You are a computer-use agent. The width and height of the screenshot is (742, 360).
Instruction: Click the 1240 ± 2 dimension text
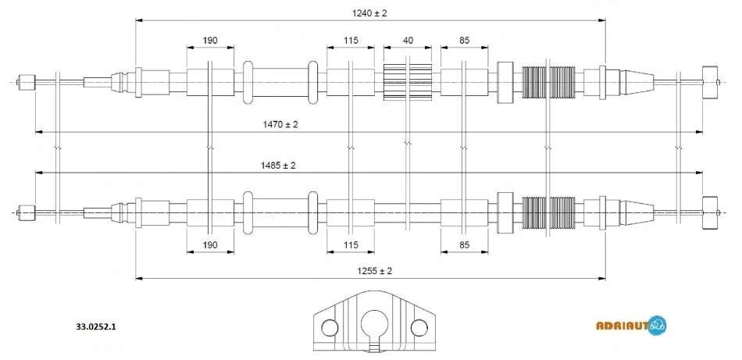click(369, 12)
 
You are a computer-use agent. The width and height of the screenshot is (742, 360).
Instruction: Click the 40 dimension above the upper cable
click(408, 39)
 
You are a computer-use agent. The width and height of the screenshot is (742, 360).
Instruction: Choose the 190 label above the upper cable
click(209, 39)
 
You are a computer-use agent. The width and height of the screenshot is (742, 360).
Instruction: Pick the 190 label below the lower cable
click(209, 245)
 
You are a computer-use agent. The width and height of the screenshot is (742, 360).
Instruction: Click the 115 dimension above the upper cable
click(349, 39)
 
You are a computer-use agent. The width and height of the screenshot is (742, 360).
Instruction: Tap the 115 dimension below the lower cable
click(349, 245)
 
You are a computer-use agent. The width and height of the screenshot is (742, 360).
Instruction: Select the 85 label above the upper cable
click(464, 39)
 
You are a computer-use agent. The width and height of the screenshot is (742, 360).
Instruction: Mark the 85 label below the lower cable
click(464, 245)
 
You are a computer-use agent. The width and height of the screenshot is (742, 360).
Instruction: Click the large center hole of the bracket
click(376, 323)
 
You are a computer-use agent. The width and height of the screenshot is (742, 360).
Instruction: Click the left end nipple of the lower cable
click(26, 210)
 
